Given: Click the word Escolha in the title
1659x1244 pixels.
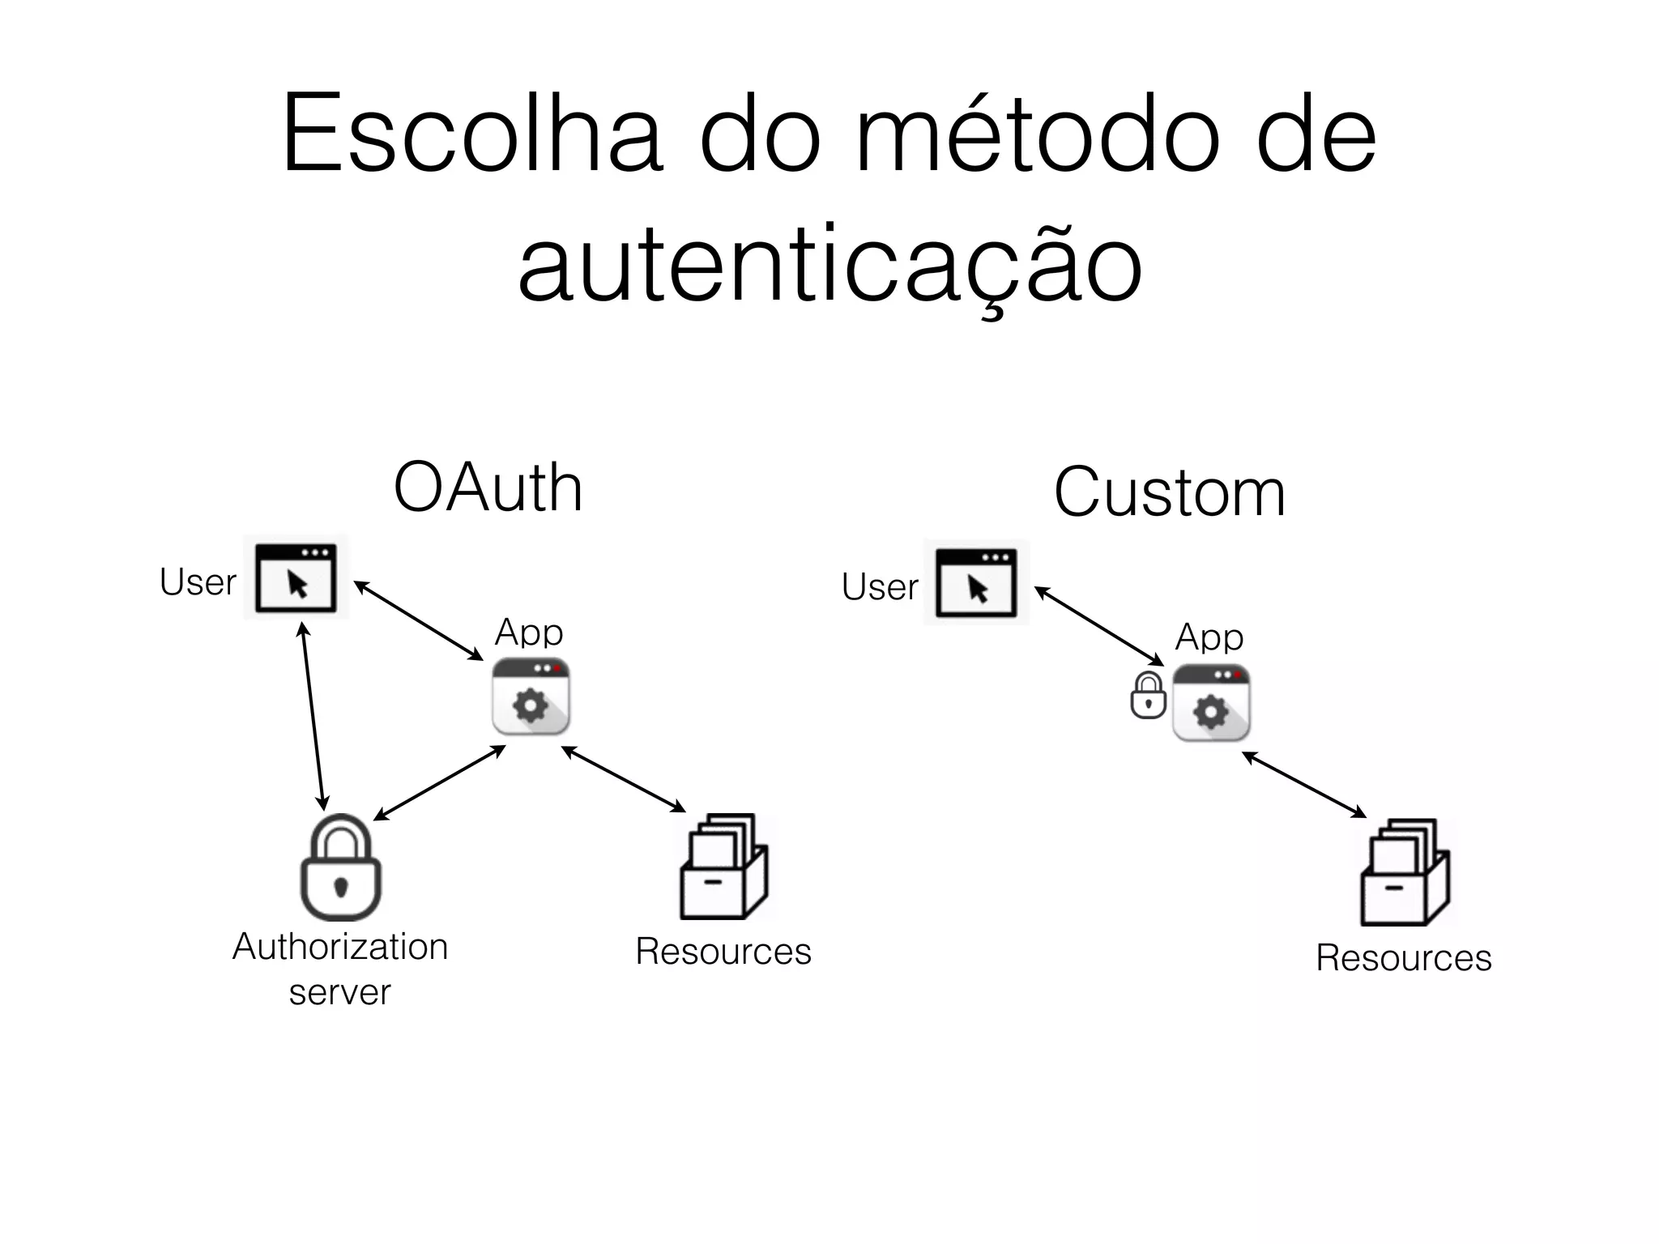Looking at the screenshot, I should pos(472,134).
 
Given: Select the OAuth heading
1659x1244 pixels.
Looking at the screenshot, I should pos(488,488).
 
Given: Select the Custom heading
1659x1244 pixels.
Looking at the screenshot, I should pos(1169,492).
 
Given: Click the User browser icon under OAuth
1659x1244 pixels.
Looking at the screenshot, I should pos(296,577).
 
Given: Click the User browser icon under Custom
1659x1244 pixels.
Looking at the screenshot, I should pos(976,582).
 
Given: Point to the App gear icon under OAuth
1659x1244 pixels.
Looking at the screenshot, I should pos(531,697).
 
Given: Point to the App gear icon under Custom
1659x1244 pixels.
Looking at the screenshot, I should pos(1211,703).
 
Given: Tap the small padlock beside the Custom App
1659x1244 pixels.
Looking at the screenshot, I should pos(1148,696).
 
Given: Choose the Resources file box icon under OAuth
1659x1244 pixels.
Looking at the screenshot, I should pos(723,867).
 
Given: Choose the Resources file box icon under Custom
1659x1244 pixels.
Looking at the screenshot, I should pos(1404,872).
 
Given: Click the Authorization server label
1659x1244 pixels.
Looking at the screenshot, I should pos(340,969).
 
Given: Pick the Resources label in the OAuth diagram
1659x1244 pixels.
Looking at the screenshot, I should pos(723,952).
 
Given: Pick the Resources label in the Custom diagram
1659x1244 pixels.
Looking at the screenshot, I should pos(1403,958).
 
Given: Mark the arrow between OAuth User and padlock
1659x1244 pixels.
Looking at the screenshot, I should pos(313,716).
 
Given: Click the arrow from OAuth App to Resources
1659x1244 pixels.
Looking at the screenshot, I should pos(624,778).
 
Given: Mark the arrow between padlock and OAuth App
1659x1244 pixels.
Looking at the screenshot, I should pos(439,783).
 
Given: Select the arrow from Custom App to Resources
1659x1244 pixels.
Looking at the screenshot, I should pos(1304,784).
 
